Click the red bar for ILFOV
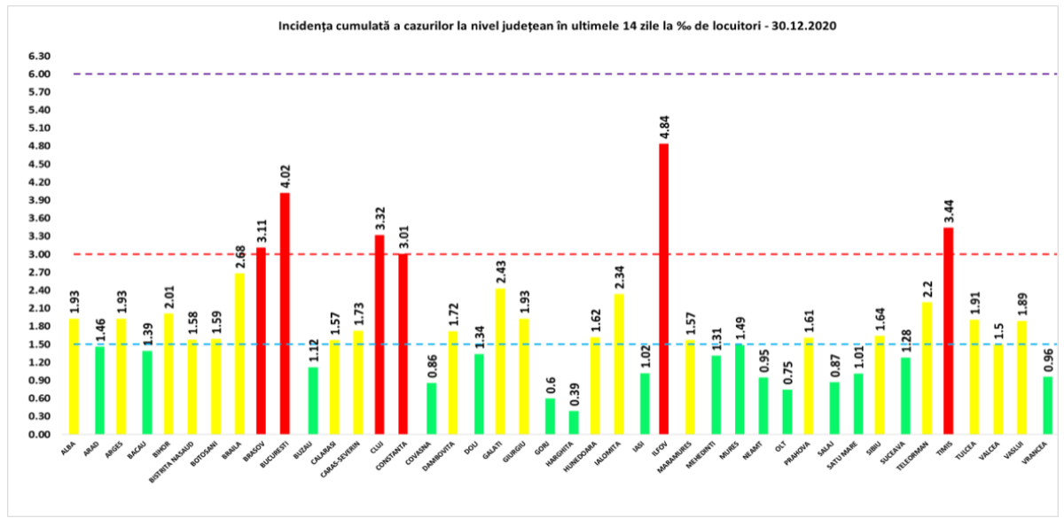[663, 289]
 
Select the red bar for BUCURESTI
[285, 313]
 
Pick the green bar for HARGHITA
[574, 422]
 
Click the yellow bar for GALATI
[500, 361]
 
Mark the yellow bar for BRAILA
[239, 353]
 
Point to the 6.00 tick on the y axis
[37, 74]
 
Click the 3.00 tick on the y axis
[37, 254]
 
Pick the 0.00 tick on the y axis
[37, 435]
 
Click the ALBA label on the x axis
[68, 450]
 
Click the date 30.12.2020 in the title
[808, 27]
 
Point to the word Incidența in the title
[307, 27]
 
